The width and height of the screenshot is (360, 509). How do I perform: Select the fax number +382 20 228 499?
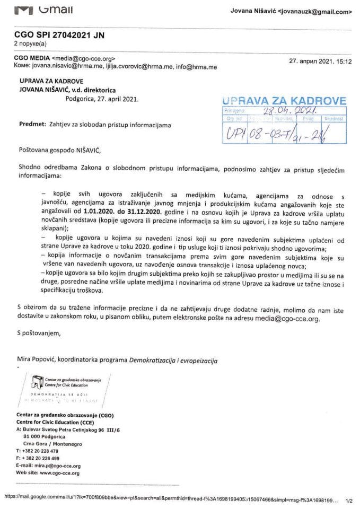[x=40, y=458]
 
